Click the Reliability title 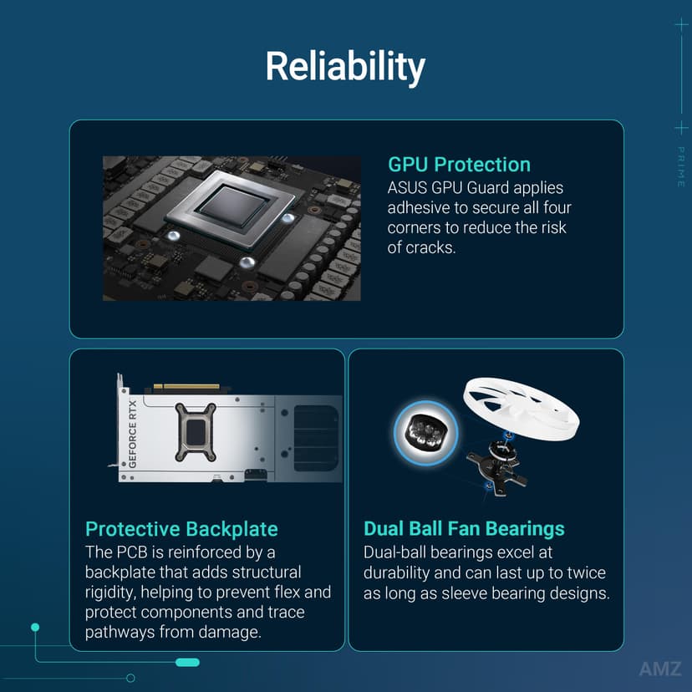[345, 67]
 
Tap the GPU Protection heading [459, 165]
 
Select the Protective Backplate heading [181, 529]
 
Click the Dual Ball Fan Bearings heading [464, 529]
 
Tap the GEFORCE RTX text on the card [132, 434]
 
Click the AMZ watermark [660, 669]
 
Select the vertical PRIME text [681, 167]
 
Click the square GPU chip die [233, 206]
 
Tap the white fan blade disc [521, 408]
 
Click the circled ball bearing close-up [426, 433]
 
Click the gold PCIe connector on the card [186, 387]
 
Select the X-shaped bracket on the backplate [196, 432]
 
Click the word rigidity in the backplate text [110, 593]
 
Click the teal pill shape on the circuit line [187, 662]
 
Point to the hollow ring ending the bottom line [130, 678]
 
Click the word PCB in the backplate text [132, 552]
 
